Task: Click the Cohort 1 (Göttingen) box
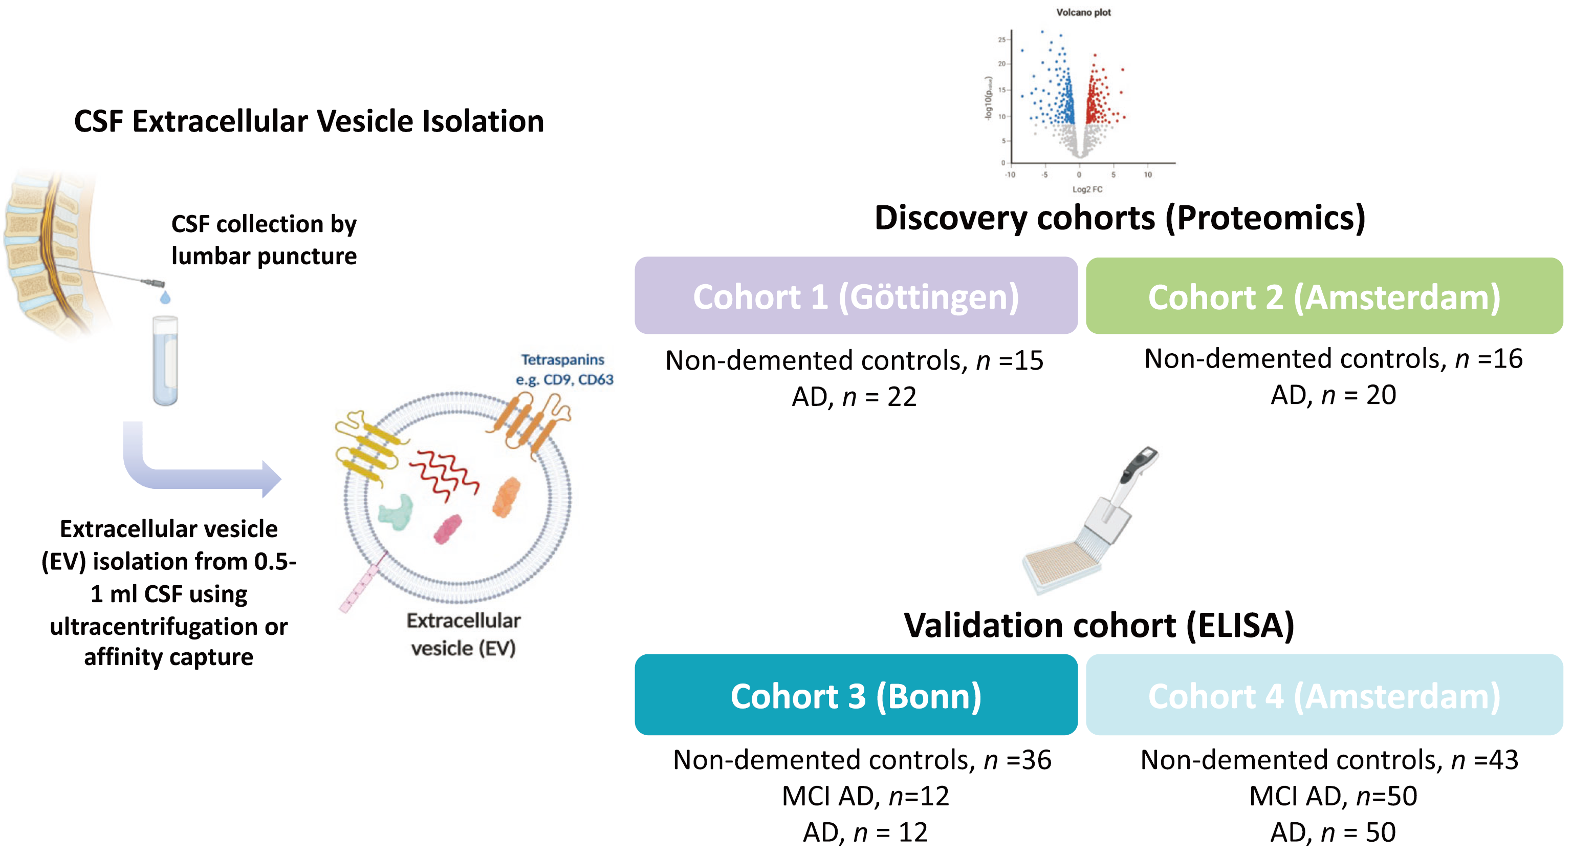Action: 856,295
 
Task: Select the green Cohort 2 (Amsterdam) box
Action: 1324,295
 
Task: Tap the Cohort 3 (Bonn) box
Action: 856,695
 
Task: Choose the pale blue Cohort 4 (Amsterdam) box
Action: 1324,695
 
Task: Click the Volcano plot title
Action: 1083,12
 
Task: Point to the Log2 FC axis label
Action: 1087,189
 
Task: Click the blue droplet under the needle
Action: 165,298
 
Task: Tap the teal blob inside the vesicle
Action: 396,511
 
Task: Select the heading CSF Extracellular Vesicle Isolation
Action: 309,121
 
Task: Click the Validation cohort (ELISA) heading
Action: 1099,625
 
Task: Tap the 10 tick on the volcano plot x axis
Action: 1148,175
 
